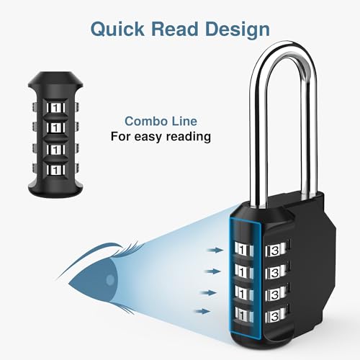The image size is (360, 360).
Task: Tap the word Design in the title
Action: coord(236,30)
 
